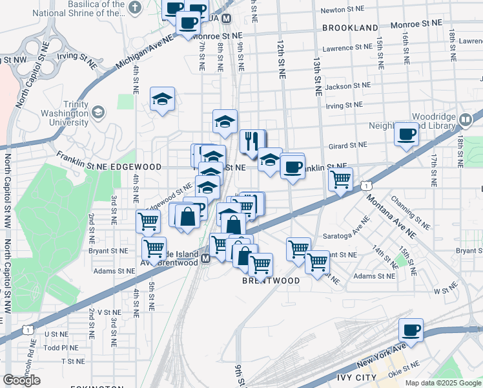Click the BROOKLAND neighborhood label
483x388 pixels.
click(x=350, y=28)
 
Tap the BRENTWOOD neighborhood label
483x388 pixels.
click(x=271, y=281)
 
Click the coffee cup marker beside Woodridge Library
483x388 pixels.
click(x=406, y=134)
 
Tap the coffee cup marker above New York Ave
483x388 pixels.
click(x=411, y=330)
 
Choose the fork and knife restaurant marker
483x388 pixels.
click(x=251, y=140)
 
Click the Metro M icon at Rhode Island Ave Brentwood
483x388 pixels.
click(x=205, y=259)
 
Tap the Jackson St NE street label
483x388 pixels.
click(x=348, y=85)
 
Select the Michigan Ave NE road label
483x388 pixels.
click(x=146, y=52)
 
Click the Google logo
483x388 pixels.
click(x=21, y=380)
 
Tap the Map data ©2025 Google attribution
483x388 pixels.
click(x=442, y=383)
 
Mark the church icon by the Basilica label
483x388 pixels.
click(x=134, y=8)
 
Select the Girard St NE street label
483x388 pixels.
click(x=348, y=145)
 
